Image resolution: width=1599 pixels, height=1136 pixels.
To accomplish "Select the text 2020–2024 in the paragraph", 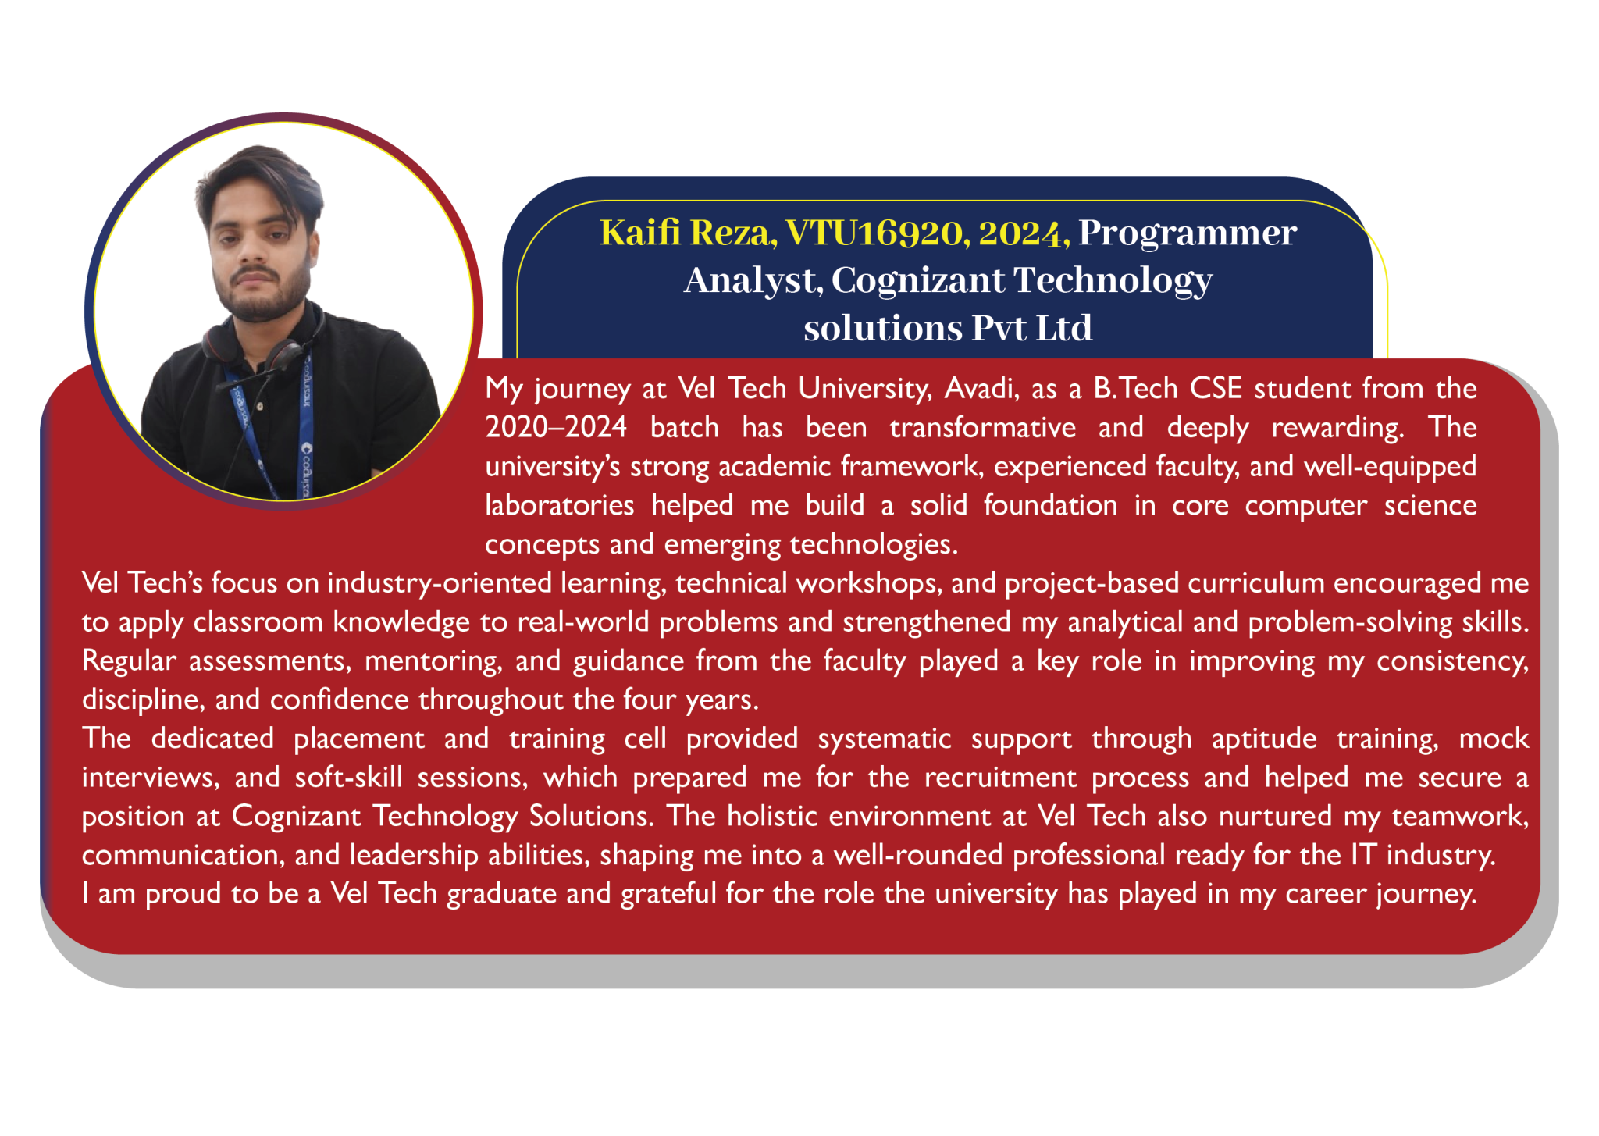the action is [x=556, y=427].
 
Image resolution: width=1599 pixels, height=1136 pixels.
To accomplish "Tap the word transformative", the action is [x=982, y=427].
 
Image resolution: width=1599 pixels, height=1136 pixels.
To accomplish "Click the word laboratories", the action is [x=560, y=505].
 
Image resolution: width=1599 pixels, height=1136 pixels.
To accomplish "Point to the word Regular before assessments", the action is [x=129, y=661].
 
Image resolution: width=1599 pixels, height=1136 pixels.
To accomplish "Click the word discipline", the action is [x=143, y=700].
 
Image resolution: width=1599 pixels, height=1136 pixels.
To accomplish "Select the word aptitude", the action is [x=1264, y=739].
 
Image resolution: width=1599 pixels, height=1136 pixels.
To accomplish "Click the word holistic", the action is [x=772, y=816].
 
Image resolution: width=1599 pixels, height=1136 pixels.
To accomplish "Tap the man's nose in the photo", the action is [x=251, y=251].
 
